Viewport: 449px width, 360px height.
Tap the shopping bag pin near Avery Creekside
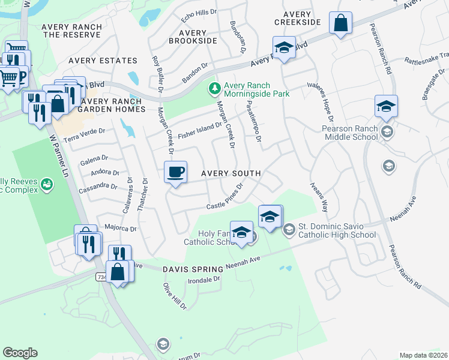[340, 25]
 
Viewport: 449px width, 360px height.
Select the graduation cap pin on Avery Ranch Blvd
[284, 48]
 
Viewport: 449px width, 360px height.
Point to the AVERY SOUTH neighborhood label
[231, 173]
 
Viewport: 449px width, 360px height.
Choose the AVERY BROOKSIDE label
[193, 37]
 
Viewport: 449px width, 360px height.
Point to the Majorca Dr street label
[120, 228]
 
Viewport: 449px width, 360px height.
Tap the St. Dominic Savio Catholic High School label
[337, 231]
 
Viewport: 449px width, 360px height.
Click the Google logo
[20, 352]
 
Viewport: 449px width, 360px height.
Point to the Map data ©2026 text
[423, 355]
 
